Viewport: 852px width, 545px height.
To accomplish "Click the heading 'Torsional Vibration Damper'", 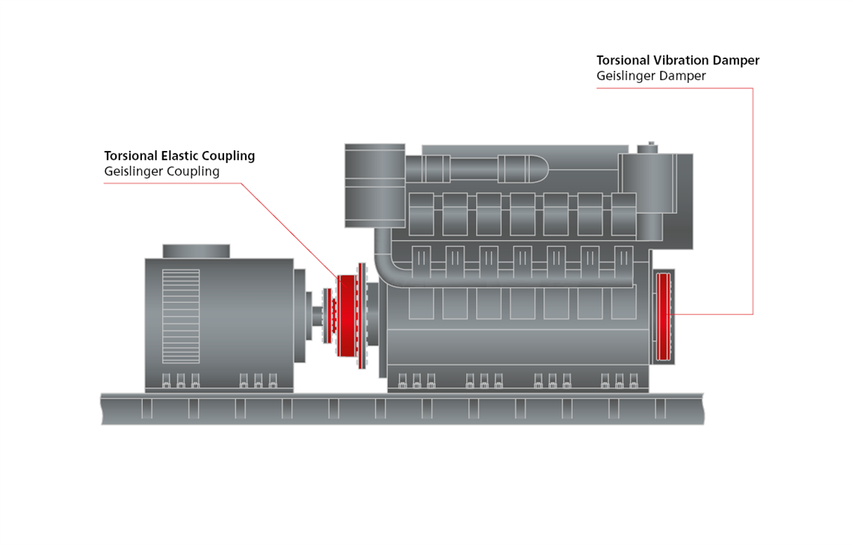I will pyautogui.click(x=678, y=61).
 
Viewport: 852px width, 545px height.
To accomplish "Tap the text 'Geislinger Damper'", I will pyautogui.click(x=651, y=76).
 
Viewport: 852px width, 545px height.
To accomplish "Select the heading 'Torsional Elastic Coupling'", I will pyautogui.click(x=179, y=156).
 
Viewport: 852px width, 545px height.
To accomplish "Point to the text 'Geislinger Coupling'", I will pyautogui.click(x=161, y=171).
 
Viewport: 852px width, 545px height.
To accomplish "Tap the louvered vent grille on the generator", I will pyautogui.click(x=181, y=306).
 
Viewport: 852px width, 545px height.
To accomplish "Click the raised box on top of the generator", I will pyautogui.click(x=196, y=251).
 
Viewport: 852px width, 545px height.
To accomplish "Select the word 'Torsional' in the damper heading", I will pyautogui.click(x=623, y=61).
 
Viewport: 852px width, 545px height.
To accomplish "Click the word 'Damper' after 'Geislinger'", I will pyautogui.click(x=682, y=76).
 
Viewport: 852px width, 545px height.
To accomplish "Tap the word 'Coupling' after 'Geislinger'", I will pyautogui.click(x=194, y=171).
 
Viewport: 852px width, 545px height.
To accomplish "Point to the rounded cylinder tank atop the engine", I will pyautogui.click(x=523, y=168).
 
